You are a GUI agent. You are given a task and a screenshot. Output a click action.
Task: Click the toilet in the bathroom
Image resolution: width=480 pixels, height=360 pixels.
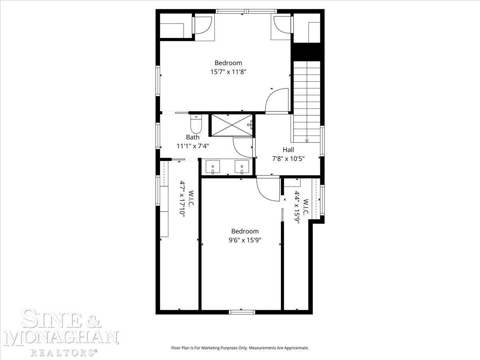tap(196, 124)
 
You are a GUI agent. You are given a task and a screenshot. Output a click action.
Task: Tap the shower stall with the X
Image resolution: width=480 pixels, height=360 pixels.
tap(232, 125)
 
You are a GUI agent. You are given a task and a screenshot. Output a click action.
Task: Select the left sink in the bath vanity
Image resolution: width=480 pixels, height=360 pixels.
tap(212, 167)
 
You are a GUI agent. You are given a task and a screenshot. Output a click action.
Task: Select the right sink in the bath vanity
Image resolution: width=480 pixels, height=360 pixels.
tap(242, 167)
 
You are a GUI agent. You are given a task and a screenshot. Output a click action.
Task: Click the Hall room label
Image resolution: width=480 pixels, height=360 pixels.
tap(288, 150)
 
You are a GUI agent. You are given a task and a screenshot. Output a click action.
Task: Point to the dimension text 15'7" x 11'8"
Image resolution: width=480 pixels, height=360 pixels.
tap(228, 72)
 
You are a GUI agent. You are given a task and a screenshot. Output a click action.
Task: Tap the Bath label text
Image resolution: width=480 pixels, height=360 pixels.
tap(193, 137)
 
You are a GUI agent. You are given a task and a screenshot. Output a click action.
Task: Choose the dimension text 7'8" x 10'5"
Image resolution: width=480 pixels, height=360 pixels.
tap(288, 158)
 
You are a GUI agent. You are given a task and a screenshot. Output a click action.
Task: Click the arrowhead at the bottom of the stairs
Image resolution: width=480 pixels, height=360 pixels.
tap(307, 141)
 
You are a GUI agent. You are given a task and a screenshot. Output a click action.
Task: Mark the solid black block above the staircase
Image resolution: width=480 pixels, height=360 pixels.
tap(307, 52)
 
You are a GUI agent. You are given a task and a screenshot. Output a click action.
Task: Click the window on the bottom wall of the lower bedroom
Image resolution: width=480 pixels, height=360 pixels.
tap(242, 312)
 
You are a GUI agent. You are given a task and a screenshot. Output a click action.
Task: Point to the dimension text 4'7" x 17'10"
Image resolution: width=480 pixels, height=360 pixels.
tap(182, 198)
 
